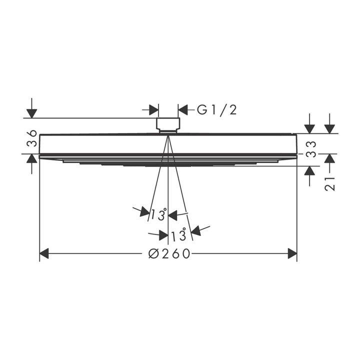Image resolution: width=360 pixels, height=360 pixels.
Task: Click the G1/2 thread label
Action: click(216, 109)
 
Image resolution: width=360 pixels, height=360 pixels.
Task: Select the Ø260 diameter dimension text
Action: click(169, 253)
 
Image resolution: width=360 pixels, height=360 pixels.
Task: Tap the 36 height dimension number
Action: click(31, 138)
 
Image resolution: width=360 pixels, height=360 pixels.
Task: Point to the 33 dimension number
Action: click(311, 149)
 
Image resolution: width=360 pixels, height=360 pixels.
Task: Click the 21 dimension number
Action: click(329, 184)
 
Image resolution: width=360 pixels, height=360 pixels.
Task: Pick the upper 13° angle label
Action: click(159, 214)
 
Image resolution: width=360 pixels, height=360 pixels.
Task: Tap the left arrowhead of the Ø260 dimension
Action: click(44, 253)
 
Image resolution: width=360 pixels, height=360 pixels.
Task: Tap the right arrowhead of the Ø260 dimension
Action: click(292, 253)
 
